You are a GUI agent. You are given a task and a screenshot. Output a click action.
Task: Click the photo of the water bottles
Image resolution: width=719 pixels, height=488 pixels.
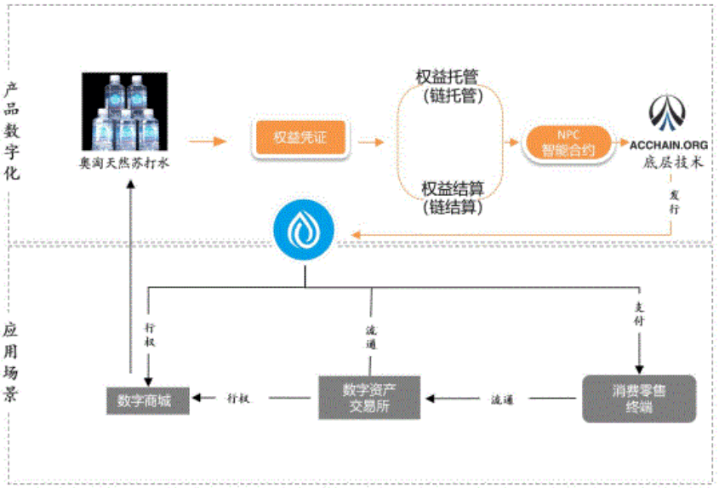click(124, 111)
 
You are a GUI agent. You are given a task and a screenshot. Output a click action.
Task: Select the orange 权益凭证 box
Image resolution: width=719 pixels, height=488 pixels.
click(299, 138)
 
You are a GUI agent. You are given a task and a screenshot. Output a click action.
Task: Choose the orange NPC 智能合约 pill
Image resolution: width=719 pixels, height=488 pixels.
click(568, 142)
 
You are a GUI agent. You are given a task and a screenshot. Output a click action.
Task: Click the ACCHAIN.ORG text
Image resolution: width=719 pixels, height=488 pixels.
click(669, 144)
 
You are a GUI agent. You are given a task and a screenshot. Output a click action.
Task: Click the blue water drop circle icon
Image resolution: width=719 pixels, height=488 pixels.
click(305, 230)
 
